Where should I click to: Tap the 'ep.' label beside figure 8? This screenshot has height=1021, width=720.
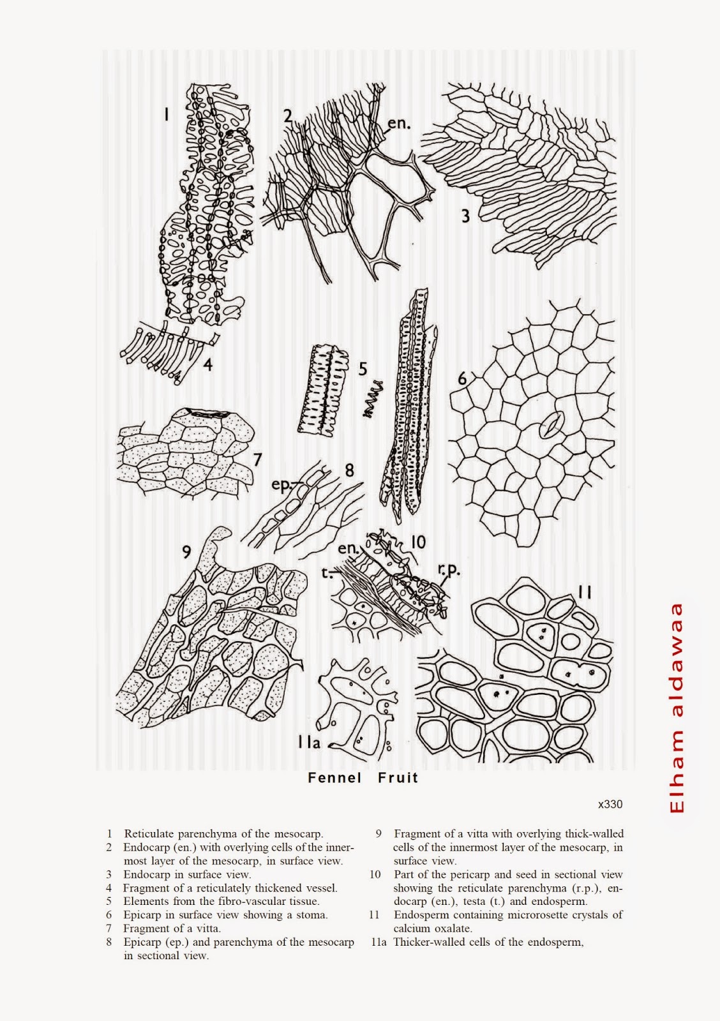pyautogui.click(x=280, y=484)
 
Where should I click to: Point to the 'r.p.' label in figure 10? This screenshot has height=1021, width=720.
pyautogui.click(x=449, y=569)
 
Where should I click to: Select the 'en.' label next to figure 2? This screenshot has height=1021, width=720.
pyautogui.click(x=399, y=123)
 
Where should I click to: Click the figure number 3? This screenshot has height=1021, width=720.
pyautogui.click(x=465, y=216)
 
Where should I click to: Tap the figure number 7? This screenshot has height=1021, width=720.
pyautogui.click(x=258, y=459)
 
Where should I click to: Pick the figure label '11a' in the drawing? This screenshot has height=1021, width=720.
pyautogui.click(x=309, y=743)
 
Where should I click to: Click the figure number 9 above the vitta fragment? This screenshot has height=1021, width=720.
pyautogui.click(x=186, y=553)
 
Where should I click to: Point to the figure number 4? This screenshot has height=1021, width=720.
pyautogui.click(x=207, y=364)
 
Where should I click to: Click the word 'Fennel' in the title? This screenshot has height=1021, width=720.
pyautogui.click(x=334, y=778)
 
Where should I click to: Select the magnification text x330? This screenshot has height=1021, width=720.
pyautogui.click(x=610, y=804)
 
